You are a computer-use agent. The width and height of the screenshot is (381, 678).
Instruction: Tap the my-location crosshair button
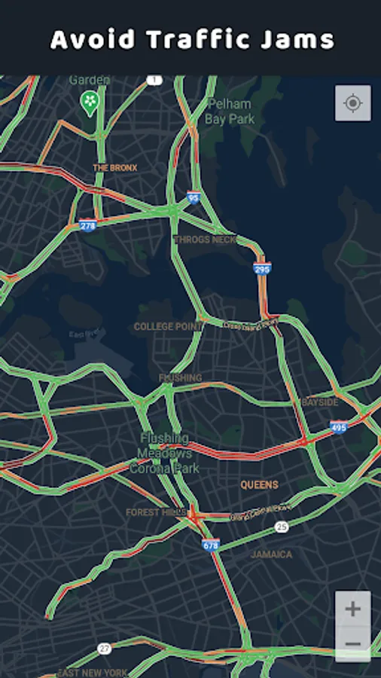click(x=352, y=103)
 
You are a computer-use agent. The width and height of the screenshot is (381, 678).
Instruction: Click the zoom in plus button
click(x=352, y=609)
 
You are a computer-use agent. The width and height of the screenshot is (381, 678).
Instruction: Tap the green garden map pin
click(x=90, y=102)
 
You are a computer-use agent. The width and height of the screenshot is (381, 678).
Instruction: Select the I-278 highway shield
click(x=88, y=224)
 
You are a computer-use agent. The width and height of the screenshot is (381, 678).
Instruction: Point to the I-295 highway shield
click(x=262, y=268)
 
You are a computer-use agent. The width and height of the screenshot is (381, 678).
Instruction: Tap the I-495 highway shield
click(x=338, y=426)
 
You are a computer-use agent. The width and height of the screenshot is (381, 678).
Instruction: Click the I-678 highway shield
click(x=212, y=543)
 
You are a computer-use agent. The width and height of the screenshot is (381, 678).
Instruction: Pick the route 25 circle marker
click(x=281, y=527)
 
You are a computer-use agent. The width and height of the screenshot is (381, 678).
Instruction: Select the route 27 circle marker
click(x=104, y=648)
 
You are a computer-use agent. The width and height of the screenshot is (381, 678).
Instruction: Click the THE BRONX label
click(x=114, y=167)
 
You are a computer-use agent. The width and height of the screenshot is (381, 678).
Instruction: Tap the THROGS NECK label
click(x=206, y=240)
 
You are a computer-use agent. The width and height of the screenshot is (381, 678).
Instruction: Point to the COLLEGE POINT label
click(x=169, y=327)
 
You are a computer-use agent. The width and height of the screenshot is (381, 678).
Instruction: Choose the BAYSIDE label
click(x=320, y=403)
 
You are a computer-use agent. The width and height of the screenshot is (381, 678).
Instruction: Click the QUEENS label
click(x=259, y=484)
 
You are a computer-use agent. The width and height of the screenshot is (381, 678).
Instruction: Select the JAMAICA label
click(x=271, y=554)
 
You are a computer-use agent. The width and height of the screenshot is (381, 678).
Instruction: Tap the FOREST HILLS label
click(x=153, y=512)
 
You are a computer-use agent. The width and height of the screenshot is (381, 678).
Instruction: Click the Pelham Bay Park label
click(x=230, y=111)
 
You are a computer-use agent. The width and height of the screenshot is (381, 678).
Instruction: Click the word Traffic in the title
click(x=191, y=39)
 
